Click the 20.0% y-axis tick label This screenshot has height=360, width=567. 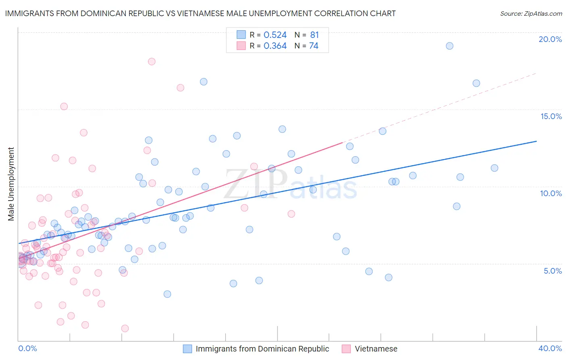pyautogui.click(x=550, y=39)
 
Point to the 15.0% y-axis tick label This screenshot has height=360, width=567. pyautogui.click(x=551, y=116)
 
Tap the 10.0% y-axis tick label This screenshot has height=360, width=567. pyautogui.click(x=551, y=193)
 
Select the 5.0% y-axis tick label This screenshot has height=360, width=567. pyautogui.click(x=552, y=271)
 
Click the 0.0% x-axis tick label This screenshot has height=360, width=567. pyautogui.click(x=27, y=348)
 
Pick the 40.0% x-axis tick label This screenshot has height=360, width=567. pyautogui.click(x=550, y=348)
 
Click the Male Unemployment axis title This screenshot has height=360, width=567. pyautogui.click(x=11, y=184)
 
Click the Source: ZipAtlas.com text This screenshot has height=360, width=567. pyautogui.click(x=531, y=13)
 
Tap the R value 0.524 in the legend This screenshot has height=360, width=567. pyautogui.click(x=275, y=35)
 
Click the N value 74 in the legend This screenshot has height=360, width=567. pyautogui.click(x=314, y=46)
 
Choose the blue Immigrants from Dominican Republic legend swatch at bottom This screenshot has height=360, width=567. pyautogui.click(x=188, y=349)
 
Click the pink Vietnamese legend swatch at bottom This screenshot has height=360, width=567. pyautogui.click(x=346, y=349)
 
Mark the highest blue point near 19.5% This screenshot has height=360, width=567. pyautogui.click(x=450, y=46)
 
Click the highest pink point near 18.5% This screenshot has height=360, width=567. pyautogui.click(x=152, y=62)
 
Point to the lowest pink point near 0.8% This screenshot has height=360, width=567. pyautogui.click(x=125, y=329)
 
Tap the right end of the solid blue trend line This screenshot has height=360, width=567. pyautogui.click(x=536, y=141)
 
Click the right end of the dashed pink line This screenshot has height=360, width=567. pyautogui.click(x=536, y=73)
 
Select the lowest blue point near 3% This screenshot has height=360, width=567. pyautogui.click(x=167, y=294)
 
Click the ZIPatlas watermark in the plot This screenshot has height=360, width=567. pyautogui.click(x=290, y=185)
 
